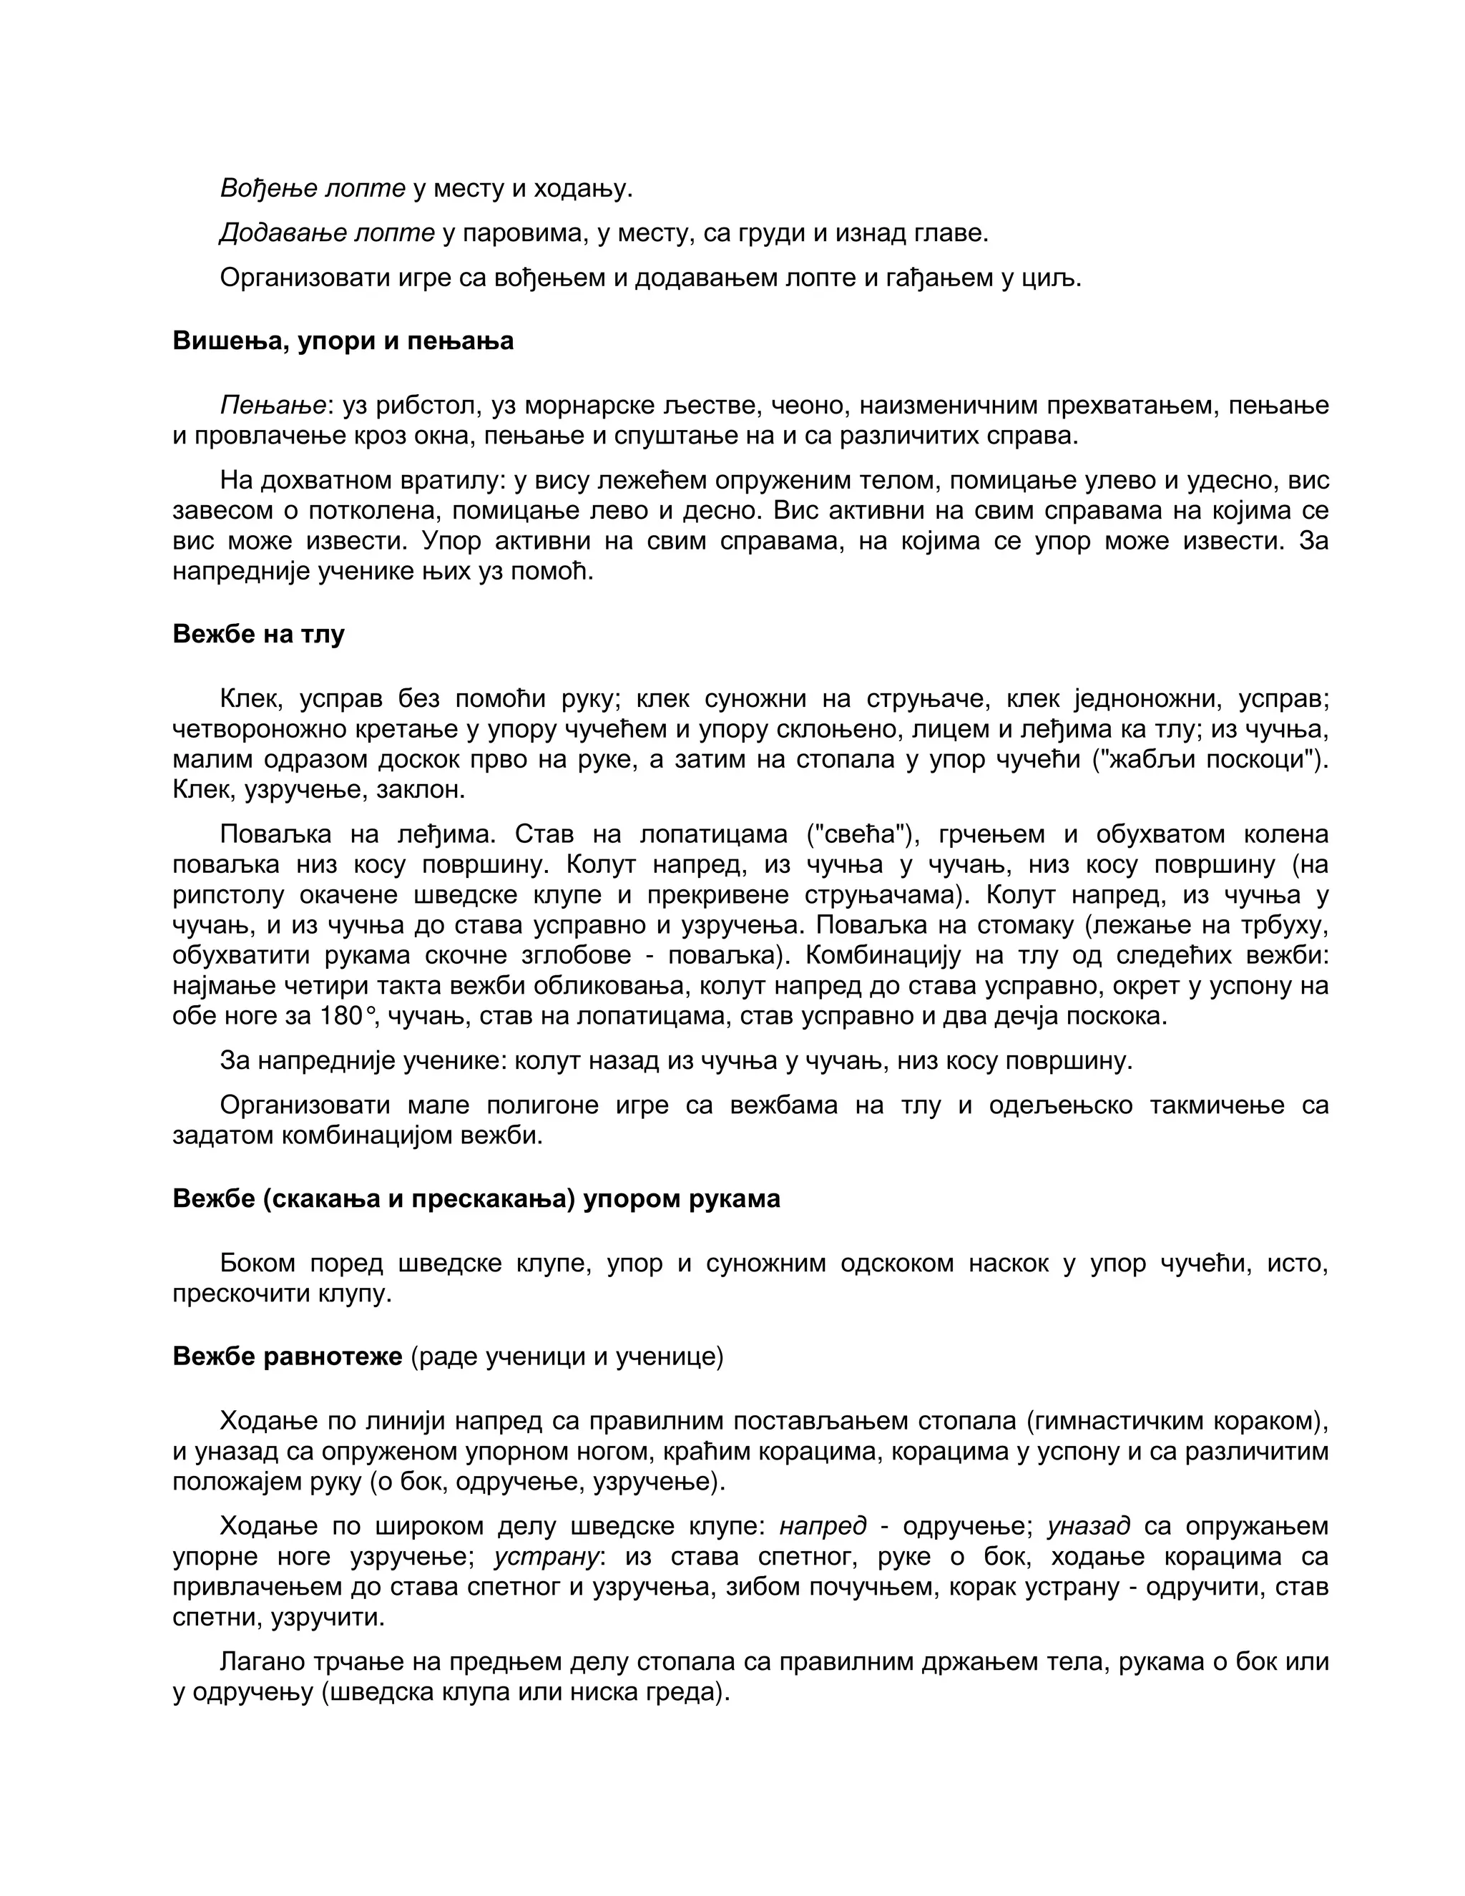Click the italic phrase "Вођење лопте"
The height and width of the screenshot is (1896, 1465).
pyautogui.click(x=313, y=188)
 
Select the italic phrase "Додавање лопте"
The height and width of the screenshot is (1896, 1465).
pyautogui.click(x=327, y=233)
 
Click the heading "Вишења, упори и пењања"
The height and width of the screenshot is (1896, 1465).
pyautogui.click(x=343, y=341)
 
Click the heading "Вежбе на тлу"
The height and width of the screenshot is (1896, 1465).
pyautogui.click(x=259, y=635)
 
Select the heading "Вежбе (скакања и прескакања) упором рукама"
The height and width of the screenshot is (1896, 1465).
pyautogui.click(x=476, y=1200)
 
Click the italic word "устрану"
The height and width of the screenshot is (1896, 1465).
pyautogui.click(x=547, y=1557)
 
